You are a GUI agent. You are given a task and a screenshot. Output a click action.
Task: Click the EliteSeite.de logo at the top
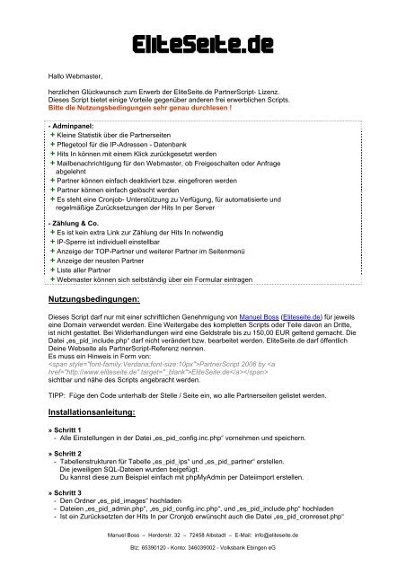202,43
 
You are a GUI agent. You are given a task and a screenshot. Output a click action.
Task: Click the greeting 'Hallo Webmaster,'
80,79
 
